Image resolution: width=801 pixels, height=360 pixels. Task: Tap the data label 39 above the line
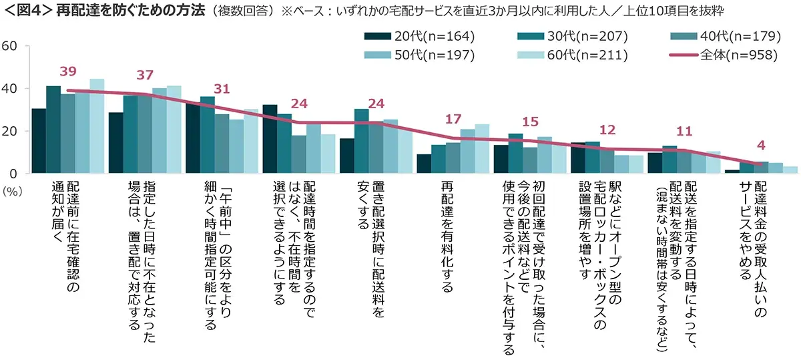69,71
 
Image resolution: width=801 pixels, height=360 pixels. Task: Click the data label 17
454,120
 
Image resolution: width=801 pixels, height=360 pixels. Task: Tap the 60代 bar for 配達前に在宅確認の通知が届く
97,126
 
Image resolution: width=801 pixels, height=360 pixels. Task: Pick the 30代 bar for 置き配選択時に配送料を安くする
361,141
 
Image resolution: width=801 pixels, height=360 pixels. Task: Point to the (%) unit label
13,190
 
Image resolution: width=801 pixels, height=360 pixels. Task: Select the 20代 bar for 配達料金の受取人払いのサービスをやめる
732,172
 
